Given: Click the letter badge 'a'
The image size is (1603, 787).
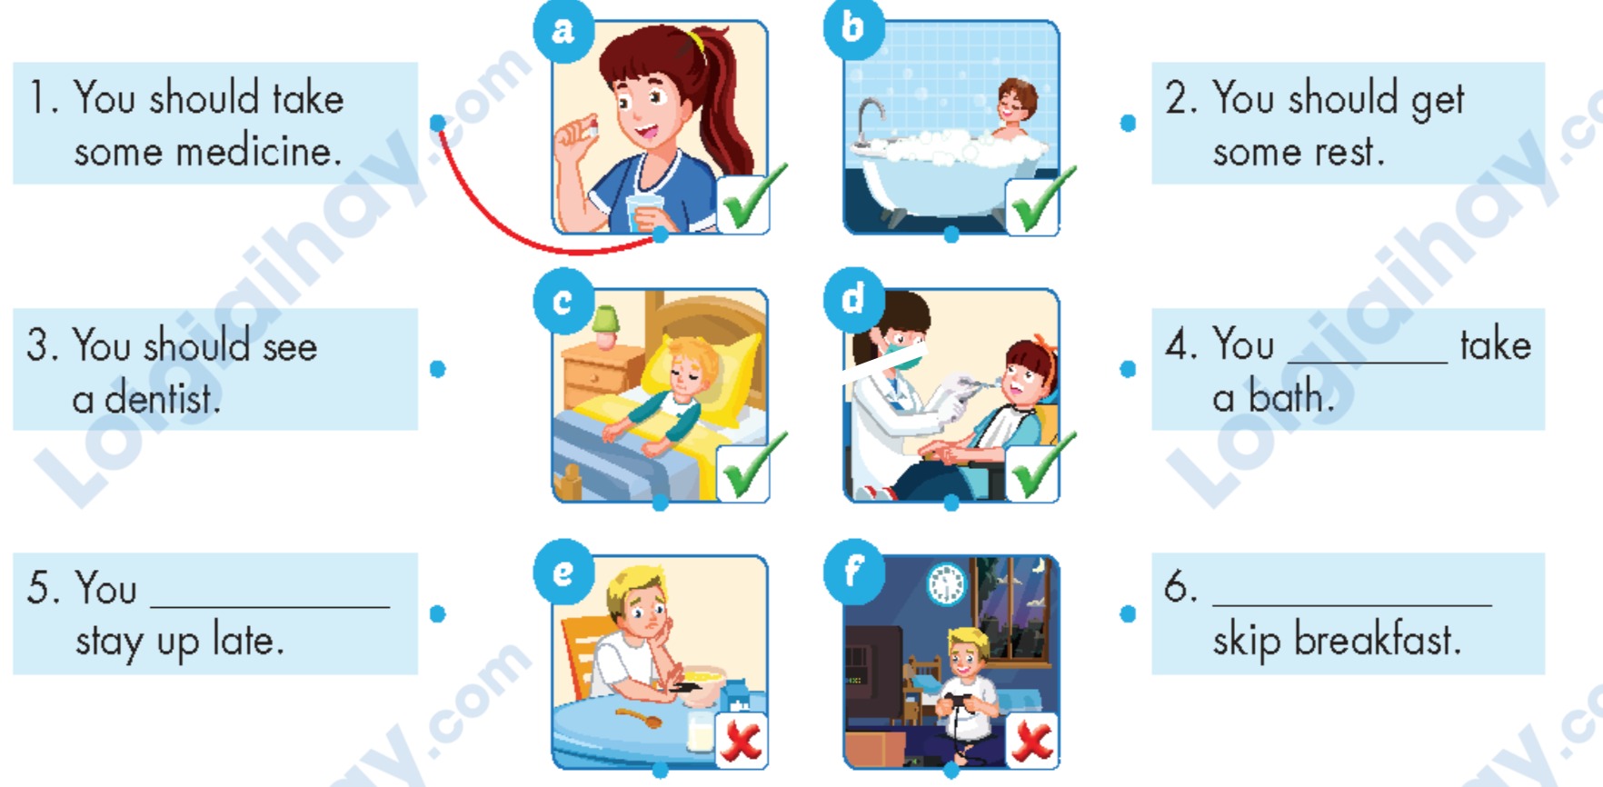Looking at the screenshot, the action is point(563,31).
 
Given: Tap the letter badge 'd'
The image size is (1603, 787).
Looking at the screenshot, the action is point(853,298).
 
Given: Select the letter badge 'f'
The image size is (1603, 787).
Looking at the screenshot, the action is point(853,571).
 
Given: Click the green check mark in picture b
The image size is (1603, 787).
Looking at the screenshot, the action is point(1041,200).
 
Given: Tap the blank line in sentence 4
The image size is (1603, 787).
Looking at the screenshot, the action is point(1368,362).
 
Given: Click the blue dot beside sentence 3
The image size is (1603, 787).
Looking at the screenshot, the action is point(438,369).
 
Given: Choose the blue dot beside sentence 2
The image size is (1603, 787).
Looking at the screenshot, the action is point(1128,123).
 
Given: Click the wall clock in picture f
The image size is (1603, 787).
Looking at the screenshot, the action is point(946,583).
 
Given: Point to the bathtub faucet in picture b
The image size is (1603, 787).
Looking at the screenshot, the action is point(869,119).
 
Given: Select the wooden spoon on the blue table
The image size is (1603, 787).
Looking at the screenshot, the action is point(640,717).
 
